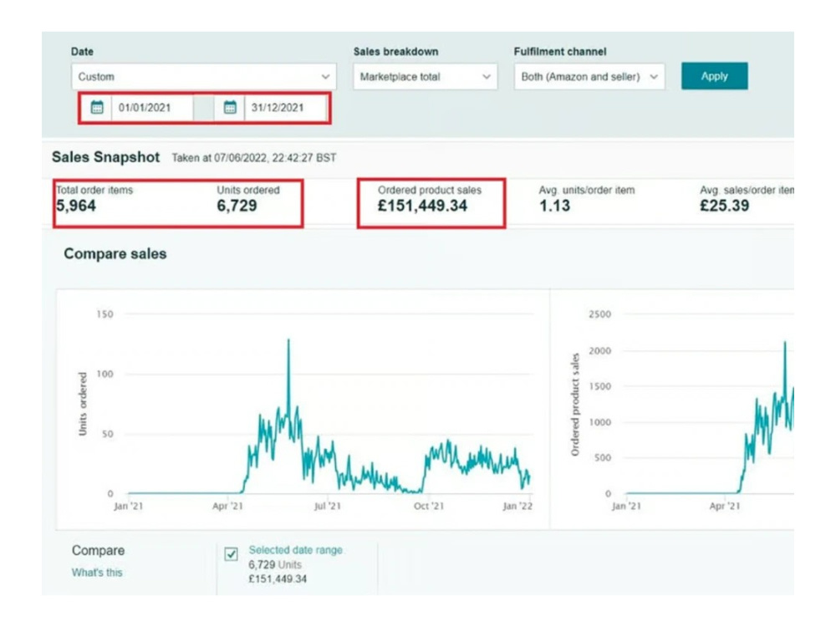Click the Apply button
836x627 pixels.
(714, 76)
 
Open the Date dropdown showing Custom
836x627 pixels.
(204, 77)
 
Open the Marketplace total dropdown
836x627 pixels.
(425, 77)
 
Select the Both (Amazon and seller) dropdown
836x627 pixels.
(589, 77)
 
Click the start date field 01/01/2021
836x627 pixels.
(152, 108)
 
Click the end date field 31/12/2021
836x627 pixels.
(285, 108)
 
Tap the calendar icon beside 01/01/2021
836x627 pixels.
(97, 108)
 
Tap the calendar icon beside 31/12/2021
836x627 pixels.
(230, 108)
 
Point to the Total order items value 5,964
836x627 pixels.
(76, 206)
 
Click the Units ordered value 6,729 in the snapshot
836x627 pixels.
(237, 206)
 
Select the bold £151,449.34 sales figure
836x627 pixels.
(422, 206)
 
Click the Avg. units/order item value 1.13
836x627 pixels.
(554, 206)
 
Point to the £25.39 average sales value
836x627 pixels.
(725, 206)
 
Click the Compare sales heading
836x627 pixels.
(115, 254)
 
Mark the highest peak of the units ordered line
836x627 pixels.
(289, 339)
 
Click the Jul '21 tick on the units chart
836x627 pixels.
(328, 506)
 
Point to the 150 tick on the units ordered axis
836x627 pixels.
(105, 314)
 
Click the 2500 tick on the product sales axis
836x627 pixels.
(599, 314)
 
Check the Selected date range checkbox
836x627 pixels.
(231, 554)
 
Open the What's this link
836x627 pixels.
(97, 573)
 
